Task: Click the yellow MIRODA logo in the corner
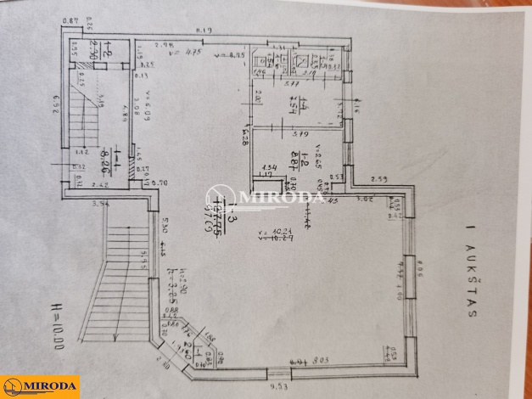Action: (x=39, y=387)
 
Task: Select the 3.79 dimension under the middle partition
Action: (x=299, y=133)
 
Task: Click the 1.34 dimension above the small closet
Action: (x=272, y=168)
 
